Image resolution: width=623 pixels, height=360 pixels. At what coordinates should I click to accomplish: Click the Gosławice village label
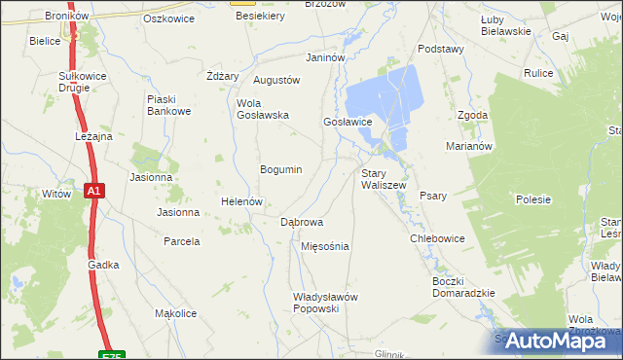tap(348, 122)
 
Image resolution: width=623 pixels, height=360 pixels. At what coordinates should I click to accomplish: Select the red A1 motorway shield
tap(93, 192)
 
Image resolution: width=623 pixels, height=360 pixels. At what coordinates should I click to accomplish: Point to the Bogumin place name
tap(280, 169)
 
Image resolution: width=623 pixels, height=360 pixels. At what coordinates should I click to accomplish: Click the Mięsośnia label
tap(325, 246)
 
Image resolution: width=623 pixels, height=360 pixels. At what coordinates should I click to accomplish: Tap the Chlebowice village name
tap(437, 238)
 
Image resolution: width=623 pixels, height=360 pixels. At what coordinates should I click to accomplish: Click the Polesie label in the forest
tap(533, 199)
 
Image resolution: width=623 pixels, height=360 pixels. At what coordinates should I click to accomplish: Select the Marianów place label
tap(471, 146)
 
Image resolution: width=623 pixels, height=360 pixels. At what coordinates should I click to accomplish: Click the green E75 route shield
tap(112, 355)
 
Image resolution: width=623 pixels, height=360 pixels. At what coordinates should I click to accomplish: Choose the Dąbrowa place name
tap(302, 222)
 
